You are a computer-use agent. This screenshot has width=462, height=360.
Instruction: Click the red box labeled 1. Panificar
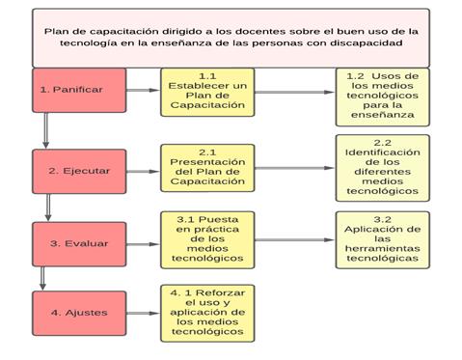(x=78, y=90)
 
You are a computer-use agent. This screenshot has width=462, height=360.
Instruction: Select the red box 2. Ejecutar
(x=78, y=170)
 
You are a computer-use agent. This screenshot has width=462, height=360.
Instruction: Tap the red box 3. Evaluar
(x=78, y=242)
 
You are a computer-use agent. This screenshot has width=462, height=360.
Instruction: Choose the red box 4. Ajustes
(x=78, y=312)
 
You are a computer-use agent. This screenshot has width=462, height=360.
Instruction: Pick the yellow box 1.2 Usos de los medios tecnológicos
(x=383, y=96)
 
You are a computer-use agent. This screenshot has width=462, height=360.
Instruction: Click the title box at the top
(x=231, y=38)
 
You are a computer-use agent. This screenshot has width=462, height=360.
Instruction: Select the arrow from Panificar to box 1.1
(x=143, y=91)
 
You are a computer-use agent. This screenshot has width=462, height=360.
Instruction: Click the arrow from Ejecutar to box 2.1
(x=143, y=169)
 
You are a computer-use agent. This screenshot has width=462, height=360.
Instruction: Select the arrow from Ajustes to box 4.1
(x=143, y=312)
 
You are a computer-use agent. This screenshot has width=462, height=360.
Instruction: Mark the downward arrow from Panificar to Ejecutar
(x=44, y=131)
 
